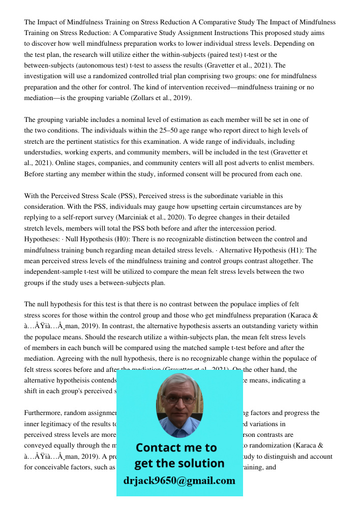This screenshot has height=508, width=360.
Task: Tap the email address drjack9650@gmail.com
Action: (179, 481)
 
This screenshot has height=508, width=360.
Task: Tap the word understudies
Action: (44, 152)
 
